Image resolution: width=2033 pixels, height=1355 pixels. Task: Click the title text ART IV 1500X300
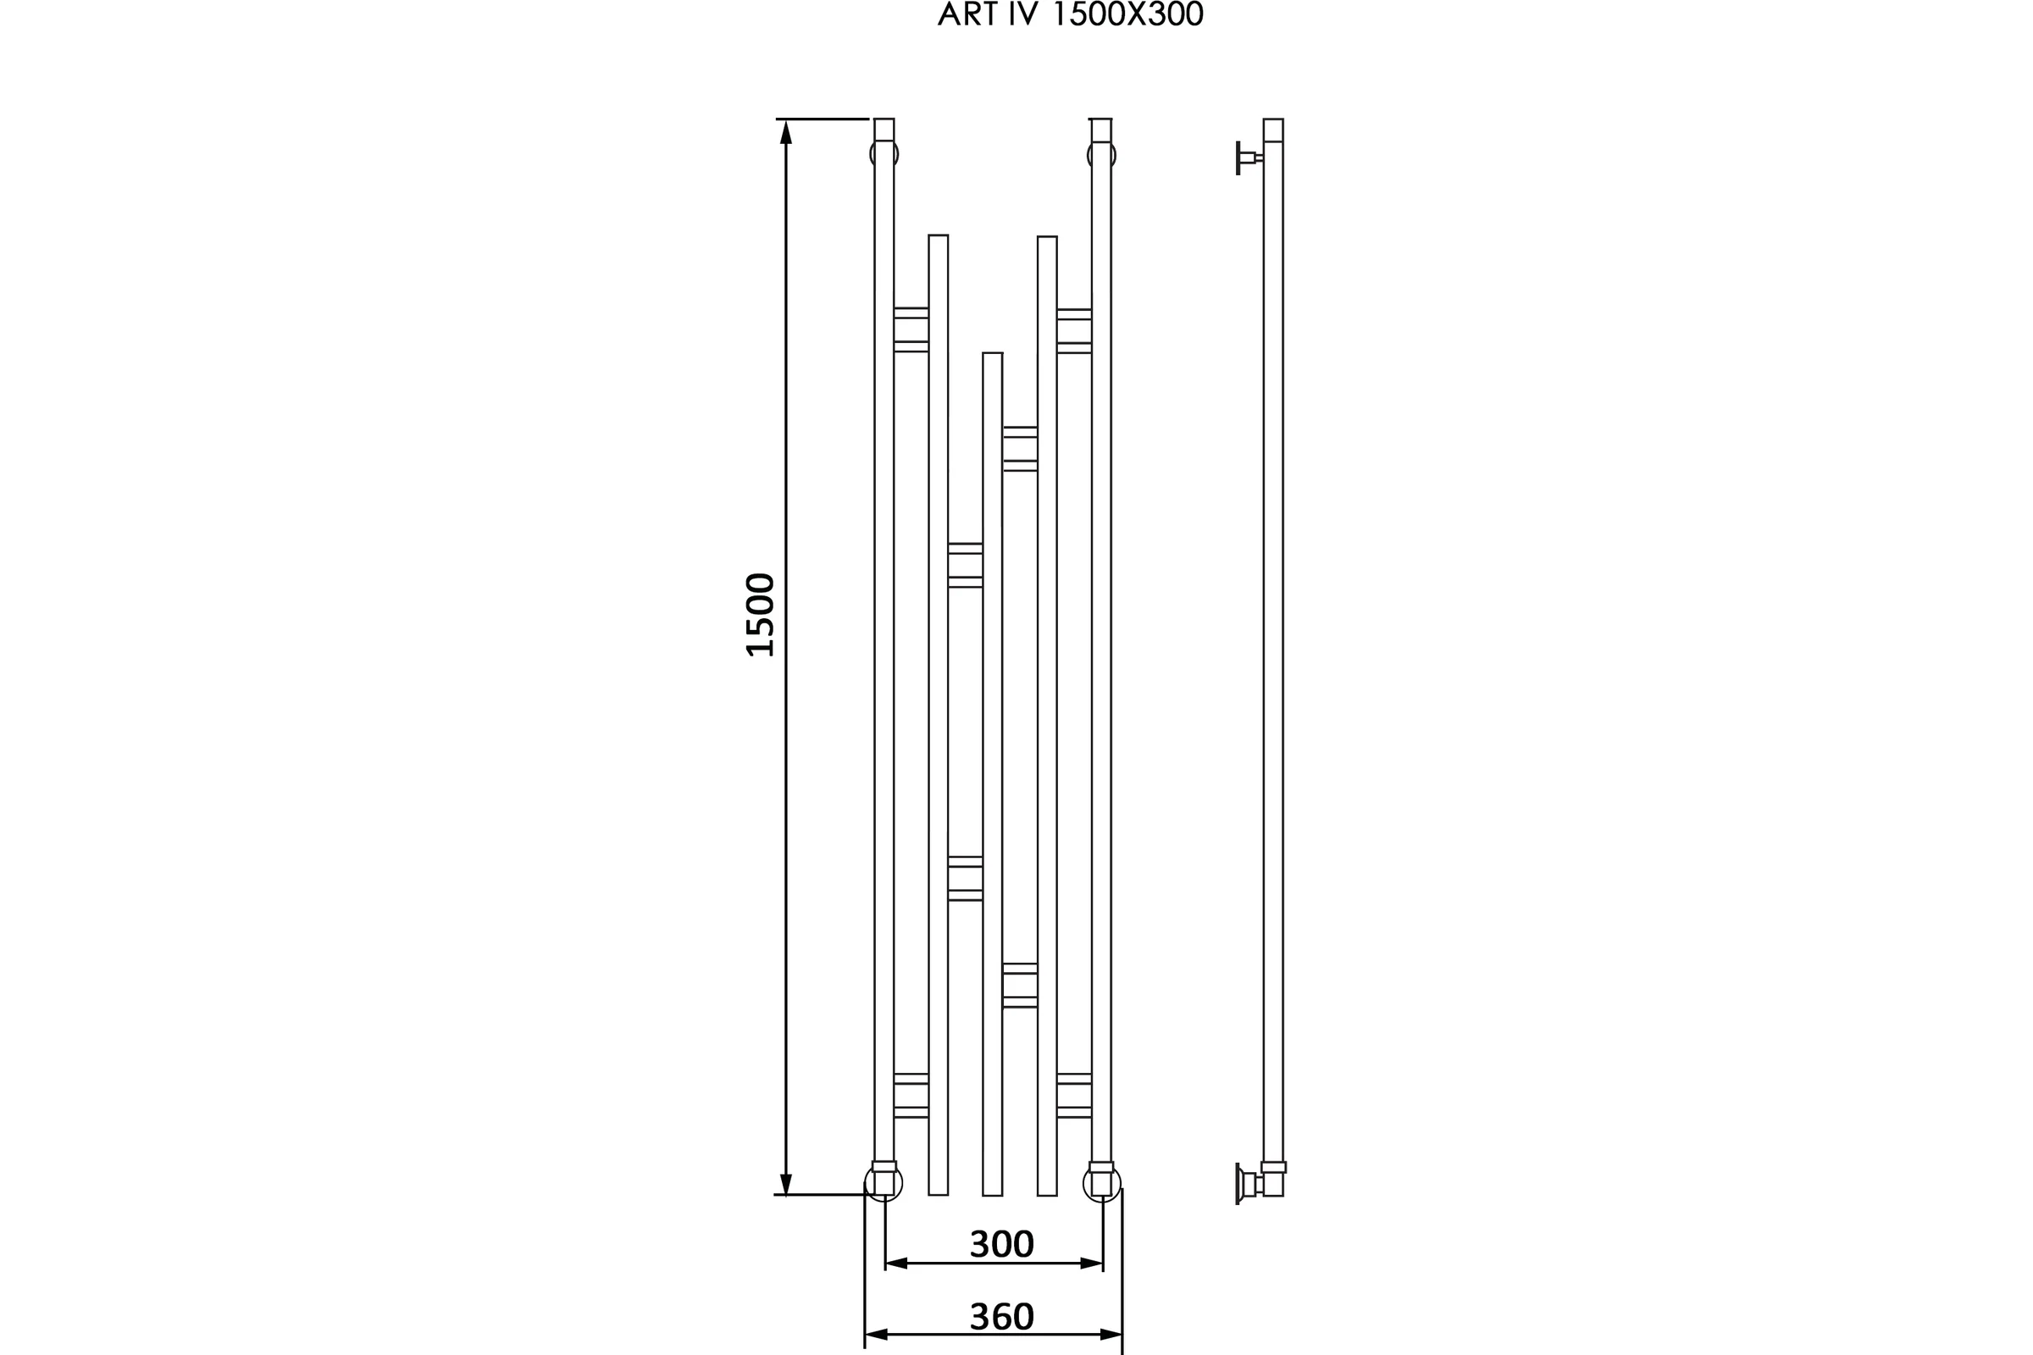[1070, 14]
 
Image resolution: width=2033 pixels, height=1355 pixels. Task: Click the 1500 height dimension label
[760, 616]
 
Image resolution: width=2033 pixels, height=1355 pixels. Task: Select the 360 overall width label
[1002, 1316]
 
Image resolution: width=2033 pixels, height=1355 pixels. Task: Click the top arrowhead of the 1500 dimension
[786, 132]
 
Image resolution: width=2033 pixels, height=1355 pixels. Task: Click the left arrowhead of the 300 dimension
[896, 1264]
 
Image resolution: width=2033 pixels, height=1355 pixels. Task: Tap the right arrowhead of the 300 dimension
[1092, 1264]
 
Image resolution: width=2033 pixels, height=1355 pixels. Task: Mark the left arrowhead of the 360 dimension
[877, 1336]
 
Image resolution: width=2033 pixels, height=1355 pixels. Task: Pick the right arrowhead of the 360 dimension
[1111, 1336]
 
